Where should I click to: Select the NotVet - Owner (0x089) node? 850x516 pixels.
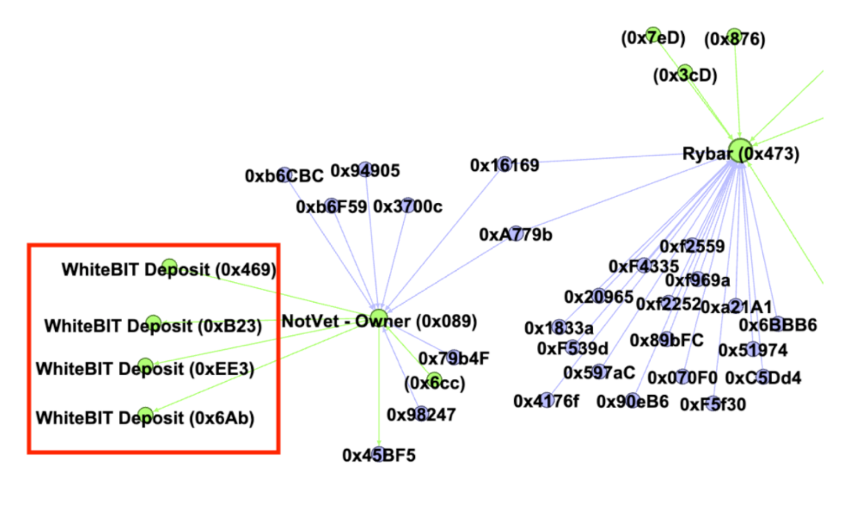click(x=379, y=319)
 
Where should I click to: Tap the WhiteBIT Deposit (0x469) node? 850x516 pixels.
click(x=169, y=266)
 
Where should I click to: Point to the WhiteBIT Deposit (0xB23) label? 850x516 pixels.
click(x=153, y=326)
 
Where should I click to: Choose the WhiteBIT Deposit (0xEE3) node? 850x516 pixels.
click(x=145, y=366)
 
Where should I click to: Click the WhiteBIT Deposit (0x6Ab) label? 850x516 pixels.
click(x=145, y=418)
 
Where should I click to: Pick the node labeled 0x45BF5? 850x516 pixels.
click(x=378, y=454)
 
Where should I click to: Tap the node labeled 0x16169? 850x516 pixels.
click(x=504, y=164)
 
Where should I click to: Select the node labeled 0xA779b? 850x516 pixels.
click(x=515, y=234)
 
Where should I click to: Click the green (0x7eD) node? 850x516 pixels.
click(x=653, y=35)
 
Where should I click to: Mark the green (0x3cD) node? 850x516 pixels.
click(x=684, y=72)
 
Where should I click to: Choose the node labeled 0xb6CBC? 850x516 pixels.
click(x=284, y=175)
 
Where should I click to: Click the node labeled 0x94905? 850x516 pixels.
click(x=365, y=170)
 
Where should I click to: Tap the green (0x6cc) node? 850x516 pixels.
click(x=435, y=381)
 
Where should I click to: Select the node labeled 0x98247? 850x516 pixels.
click(x=421, y=413)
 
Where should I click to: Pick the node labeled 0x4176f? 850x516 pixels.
click(x=546, y=400)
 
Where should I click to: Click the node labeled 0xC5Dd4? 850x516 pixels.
click(x=763, y=377)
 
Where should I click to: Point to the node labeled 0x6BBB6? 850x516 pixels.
click(x=778, y=324)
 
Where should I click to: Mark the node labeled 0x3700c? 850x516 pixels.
click(x=408, y=205)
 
